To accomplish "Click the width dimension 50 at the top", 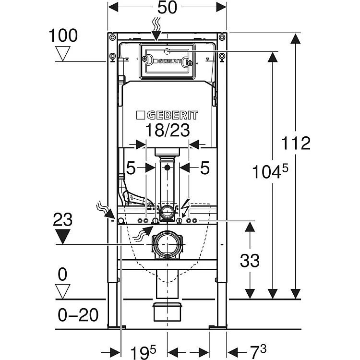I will pos(167,8).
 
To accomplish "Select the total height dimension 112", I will pos(296,143).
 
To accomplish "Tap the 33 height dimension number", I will pos(249,261).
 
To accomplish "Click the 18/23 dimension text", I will pos(167,130).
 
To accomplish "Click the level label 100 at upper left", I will pos(62,36).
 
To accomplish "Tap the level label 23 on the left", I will pos(62,220).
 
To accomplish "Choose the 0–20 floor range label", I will pos(77,315).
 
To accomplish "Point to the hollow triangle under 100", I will pos(62,53).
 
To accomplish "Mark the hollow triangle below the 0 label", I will pos(62,290).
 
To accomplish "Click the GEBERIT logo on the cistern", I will pos(167,116).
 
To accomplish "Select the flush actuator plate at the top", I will pos(167,61).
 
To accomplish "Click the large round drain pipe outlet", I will pos(167,245).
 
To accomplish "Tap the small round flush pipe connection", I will pos(167,211).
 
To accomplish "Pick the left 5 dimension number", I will pos(131,168).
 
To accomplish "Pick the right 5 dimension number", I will pos(204,168).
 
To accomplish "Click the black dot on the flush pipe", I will pos(167,168).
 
